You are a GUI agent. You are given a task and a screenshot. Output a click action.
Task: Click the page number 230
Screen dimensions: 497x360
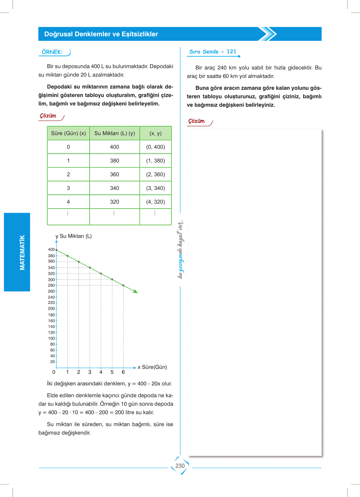click(180, 466)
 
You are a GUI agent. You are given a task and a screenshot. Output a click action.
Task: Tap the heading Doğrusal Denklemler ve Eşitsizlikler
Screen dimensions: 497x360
click(101, 34)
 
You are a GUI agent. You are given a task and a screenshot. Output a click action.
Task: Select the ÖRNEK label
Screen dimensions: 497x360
click(52, 52)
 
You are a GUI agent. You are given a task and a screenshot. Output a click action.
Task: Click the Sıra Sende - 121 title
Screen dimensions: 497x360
click(213, 52)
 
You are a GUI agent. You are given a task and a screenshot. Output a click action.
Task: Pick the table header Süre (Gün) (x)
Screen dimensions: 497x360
click(68, 133)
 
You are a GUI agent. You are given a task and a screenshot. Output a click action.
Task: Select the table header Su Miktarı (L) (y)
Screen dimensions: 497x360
click(114, 133)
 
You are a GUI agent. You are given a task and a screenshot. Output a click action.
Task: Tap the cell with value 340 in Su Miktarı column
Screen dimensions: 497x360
click(114, 188)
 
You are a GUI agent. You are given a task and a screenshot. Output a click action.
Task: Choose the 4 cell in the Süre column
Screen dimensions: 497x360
click(68, 202)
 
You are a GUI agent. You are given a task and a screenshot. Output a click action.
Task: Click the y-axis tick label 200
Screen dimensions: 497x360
click(51, 309)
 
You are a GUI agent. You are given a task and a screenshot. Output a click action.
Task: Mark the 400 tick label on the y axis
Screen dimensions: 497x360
click(51, 250)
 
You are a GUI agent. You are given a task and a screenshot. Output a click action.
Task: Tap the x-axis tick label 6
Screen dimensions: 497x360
click(123, 372)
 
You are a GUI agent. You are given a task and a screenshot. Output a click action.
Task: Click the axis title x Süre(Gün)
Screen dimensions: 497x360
click(152, 367)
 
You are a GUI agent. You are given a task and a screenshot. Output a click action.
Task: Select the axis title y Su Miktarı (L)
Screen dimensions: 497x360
click(74, 236)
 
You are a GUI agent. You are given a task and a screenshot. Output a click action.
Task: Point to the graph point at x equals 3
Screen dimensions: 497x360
click(90, 268)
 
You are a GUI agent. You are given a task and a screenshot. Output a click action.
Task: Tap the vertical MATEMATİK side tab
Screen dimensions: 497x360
click(17, 252)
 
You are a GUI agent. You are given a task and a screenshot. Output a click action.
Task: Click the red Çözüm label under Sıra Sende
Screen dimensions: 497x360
click(197, 121)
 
